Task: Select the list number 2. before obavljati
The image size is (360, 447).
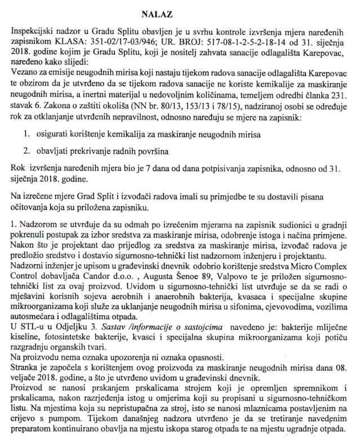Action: click(26, 151)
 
